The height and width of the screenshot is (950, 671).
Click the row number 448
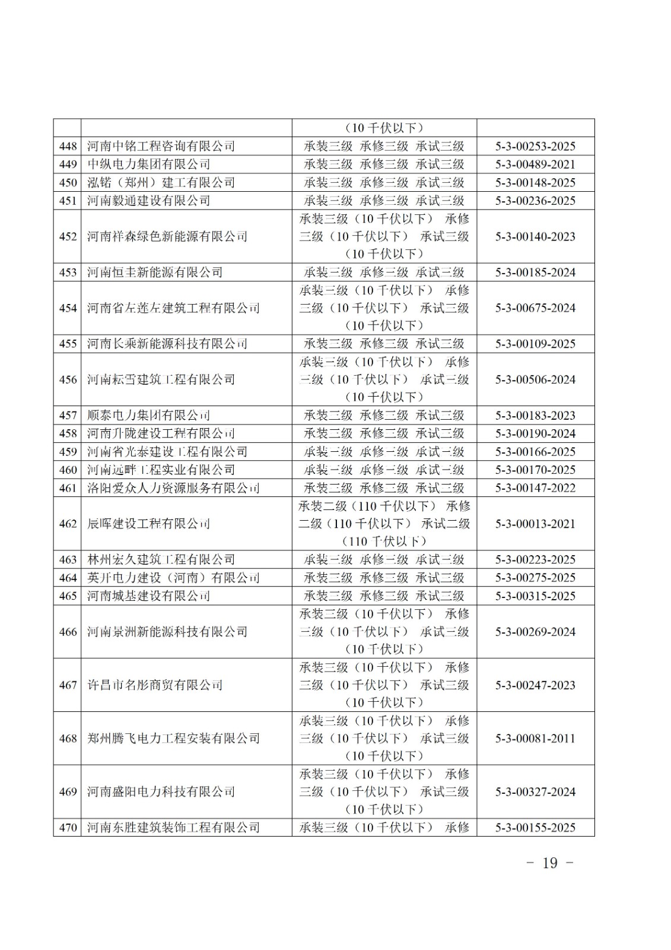coord(68,146)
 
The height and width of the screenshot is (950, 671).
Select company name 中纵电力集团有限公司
coord(148,164)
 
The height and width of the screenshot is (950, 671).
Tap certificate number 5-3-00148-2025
coord(535,182)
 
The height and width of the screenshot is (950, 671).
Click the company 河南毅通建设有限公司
coord(148,201)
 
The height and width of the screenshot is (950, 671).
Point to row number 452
coord(68,236)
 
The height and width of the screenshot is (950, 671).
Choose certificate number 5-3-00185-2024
coord(535,273)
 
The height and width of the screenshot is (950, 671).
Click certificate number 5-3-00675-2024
coord(535,308)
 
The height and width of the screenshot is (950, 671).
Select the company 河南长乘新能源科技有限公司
coord(167,344)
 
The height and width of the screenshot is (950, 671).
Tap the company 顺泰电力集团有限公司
coord(148,416)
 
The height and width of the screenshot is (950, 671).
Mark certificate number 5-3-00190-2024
coord(535,433)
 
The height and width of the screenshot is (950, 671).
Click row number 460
coord(68,470)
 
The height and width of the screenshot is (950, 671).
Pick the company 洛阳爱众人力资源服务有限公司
coord(173,488)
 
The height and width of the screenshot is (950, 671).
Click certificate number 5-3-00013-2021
coord(535,524)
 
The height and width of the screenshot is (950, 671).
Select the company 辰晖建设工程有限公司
coord(148,524)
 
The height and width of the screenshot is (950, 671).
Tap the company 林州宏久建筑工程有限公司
coord(161,559)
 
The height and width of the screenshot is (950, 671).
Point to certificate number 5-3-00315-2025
coord(535,596)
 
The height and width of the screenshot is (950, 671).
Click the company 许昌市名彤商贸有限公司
coord(155,685)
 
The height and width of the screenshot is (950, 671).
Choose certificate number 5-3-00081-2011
coord(535,739)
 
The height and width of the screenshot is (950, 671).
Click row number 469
coord(68,792)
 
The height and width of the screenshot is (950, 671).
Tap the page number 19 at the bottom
coord(550,863)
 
